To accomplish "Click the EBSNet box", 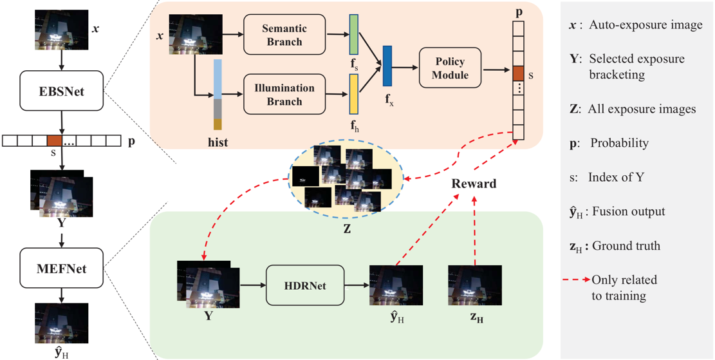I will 62,92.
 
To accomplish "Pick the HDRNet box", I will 305,284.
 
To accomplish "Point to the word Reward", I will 474,184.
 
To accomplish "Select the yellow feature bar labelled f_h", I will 353,94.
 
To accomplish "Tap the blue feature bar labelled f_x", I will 387,66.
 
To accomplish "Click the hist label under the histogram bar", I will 219,140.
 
